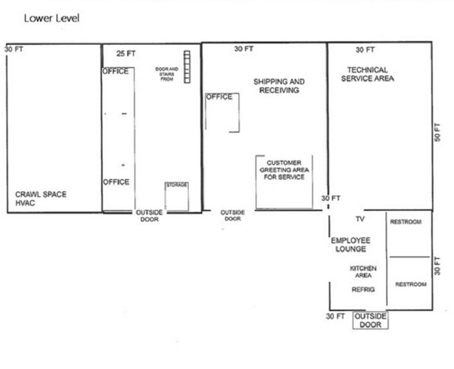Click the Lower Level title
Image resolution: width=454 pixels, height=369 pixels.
[x=51, y=18]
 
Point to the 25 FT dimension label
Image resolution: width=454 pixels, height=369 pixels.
[x=126, y=54]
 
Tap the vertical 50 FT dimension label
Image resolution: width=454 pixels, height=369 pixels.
[x=437, y=132]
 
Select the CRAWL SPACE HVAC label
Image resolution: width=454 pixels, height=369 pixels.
[x=41, y=198]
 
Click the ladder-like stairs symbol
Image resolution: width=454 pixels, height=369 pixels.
[x=187, y=67]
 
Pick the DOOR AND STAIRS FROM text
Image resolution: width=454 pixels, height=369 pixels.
[x=167, y=74]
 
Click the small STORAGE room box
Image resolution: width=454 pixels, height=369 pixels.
[x=177, y=197]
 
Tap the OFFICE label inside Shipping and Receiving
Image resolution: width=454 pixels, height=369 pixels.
[x=219, y=97]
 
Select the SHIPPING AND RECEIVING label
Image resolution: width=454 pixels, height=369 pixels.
[x=279, y=86]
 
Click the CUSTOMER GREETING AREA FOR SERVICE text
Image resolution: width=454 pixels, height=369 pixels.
[x=284, y=170]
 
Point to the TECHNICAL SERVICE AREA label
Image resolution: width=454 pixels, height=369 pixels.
[x=367, y=74]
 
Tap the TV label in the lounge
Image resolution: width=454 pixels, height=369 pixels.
[x=360, y=219]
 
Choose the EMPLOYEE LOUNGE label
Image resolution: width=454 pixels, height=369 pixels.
[x=351, y=244]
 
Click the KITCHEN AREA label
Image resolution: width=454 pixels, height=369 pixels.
[x=363, y=272]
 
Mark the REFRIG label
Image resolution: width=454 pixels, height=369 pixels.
[x=363, y=289]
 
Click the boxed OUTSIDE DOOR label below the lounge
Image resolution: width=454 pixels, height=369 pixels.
[x=370, y=320]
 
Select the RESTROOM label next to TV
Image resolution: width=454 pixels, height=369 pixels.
[x=406, y=222]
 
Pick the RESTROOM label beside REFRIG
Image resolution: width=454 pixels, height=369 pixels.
[x=411, y=284]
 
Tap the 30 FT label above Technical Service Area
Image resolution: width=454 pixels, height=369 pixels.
[x=365, y=50]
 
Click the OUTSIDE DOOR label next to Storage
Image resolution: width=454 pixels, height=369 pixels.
[x=149, y=216]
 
